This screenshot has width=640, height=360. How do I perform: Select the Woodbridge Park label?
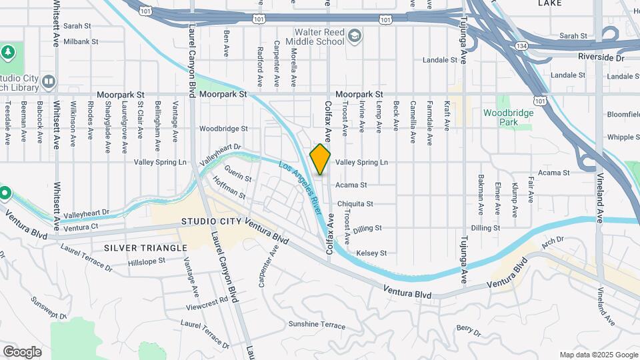point(509,117)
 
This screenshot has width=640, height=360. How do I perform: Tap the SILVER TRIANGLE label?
point(145,248)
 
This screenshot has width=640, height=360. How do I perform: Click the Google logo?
point(22,352)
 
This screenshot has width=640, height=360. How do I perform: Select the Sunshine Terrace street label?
point(317,325)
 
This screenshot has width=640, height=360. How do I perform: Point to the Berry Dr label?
point(469,331)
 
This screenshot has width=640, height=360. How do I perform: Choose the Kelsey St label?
point(372,253)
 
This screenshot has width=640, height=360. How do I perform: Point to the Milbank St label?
point(81,41)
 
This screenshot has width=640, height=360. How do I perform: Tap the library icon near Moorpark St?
point(49,82)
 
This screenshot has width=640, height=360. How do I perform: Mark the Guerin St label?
point(238,178)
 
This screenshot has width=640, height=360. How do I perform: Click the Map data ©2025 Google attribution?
point(598,355)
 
